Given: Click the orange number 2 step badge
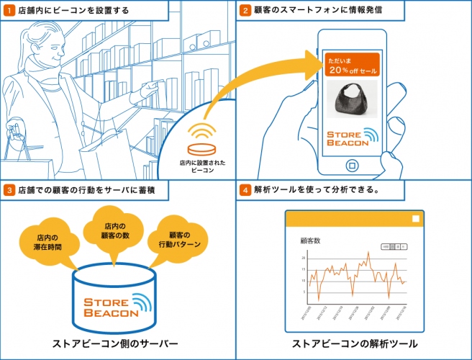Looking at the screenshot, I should (x=245, y=10).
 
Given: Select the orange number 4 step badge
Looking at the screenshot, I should (x=245, y=190).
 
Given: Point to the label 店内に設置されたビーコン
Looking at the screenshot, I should (x=202, y=167).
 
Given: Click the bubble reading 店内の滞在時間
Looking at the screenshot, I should (x=47, y=241).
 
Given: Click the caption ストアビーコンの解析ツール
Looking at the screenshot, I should (x=355, y=343).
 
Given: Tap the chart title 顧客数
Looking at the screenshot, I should (x=310, y=240).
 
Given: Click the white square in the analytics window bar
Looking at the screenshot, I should (x=415, y=218).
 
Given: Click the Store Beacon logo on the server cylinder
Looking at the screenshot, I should (x=115, y=307).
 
